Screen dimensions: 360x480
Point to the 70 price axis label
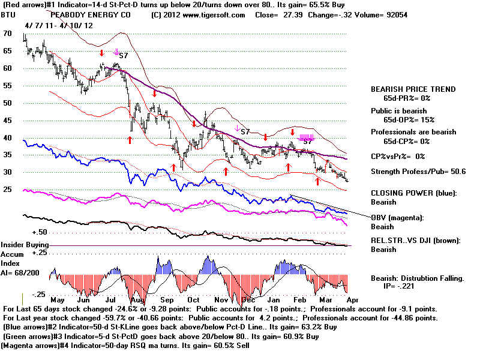coord(7,34)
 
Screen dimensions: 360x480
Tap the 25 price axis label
coord(7,190)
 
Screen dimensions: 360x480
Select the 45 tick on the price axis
coord(7,120)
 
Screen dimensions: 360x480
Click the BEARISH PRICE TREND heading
coord(413,89)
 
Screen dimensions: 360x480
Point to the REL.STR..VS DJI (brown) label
coord(416,241)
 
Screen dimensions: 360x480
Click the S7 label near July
coord(123,55)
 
